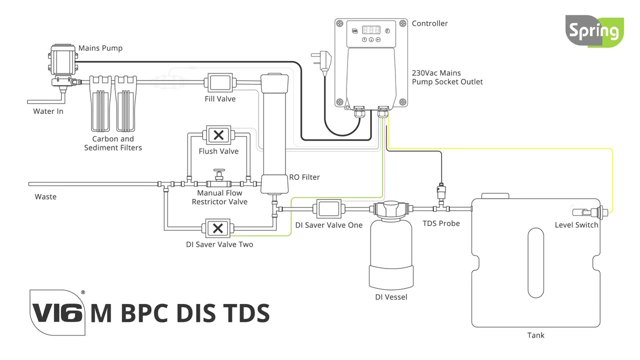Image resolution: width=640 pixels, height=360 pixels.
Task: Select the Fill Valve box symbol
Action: click(219, 82)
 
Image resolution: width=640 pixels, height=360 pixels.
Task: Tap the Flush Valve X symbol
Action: click(218, 135)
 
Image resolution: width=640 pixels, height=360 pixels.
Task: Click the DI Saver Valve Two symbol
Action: click(217, 228)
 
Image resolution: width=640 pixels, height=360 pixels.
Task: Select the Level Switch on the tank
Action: click(590, 212)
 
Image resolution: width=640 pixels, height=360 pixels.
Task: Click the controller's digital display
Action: click(371, 29)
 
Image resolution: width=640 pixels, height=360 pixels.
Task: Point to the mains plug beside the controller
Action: click(321, 60)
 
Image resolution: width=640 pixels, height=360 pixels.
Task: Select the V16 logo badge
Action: click(57, 312)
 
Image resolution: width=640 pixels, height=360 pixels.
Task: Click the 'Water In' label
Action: click(48, 111)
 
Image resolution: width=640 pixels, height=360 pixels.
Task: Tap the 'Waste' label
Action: click(45, 196)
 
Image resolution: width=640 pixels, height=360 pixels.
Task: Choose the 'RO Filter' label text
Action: click(304, 177)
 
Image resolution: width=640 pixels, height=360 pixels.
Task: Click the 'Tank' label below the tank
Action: click(535, 335)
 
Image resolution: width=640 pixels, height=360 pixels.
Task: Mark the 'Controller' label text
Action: click(429, 23)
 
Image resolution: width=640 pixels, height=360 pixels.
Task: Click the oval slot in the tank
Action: click(535, 262)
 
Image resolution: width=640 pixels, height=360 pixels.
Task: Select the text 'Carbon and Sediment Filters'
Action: click(113, 143)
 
